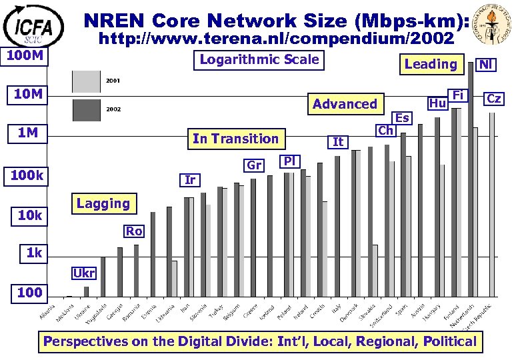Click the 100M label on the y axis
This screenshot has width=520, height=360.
[x=25, y=55]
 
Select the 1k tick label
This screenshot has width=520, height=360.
[x=34, y=253]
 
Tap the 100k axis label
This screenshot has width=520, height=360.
[x=26, y=176]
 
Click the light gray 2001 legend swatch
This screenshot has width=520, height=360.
[x=86, y=81]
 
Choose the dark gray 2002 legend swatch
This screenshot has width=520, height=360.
[x=86, y=109]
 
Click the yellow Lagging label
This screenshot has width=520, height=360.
[x=103, y=203]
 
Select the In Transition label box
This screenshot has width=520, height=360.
[x=235, y=139]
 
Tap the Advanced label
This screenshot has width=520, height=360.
[x=345, y=103]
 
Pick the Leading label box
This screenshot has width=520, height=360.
[x=431, y=64]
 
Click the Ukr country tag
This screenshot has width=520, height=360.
[x=84, y=273]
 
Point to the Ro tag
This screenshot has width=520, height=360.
[x=133, y=231]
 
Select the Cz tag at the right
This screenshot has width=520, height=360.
[x=494, y=99]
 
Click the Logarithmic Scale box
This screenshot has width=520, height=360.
[x=259, y=59]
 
